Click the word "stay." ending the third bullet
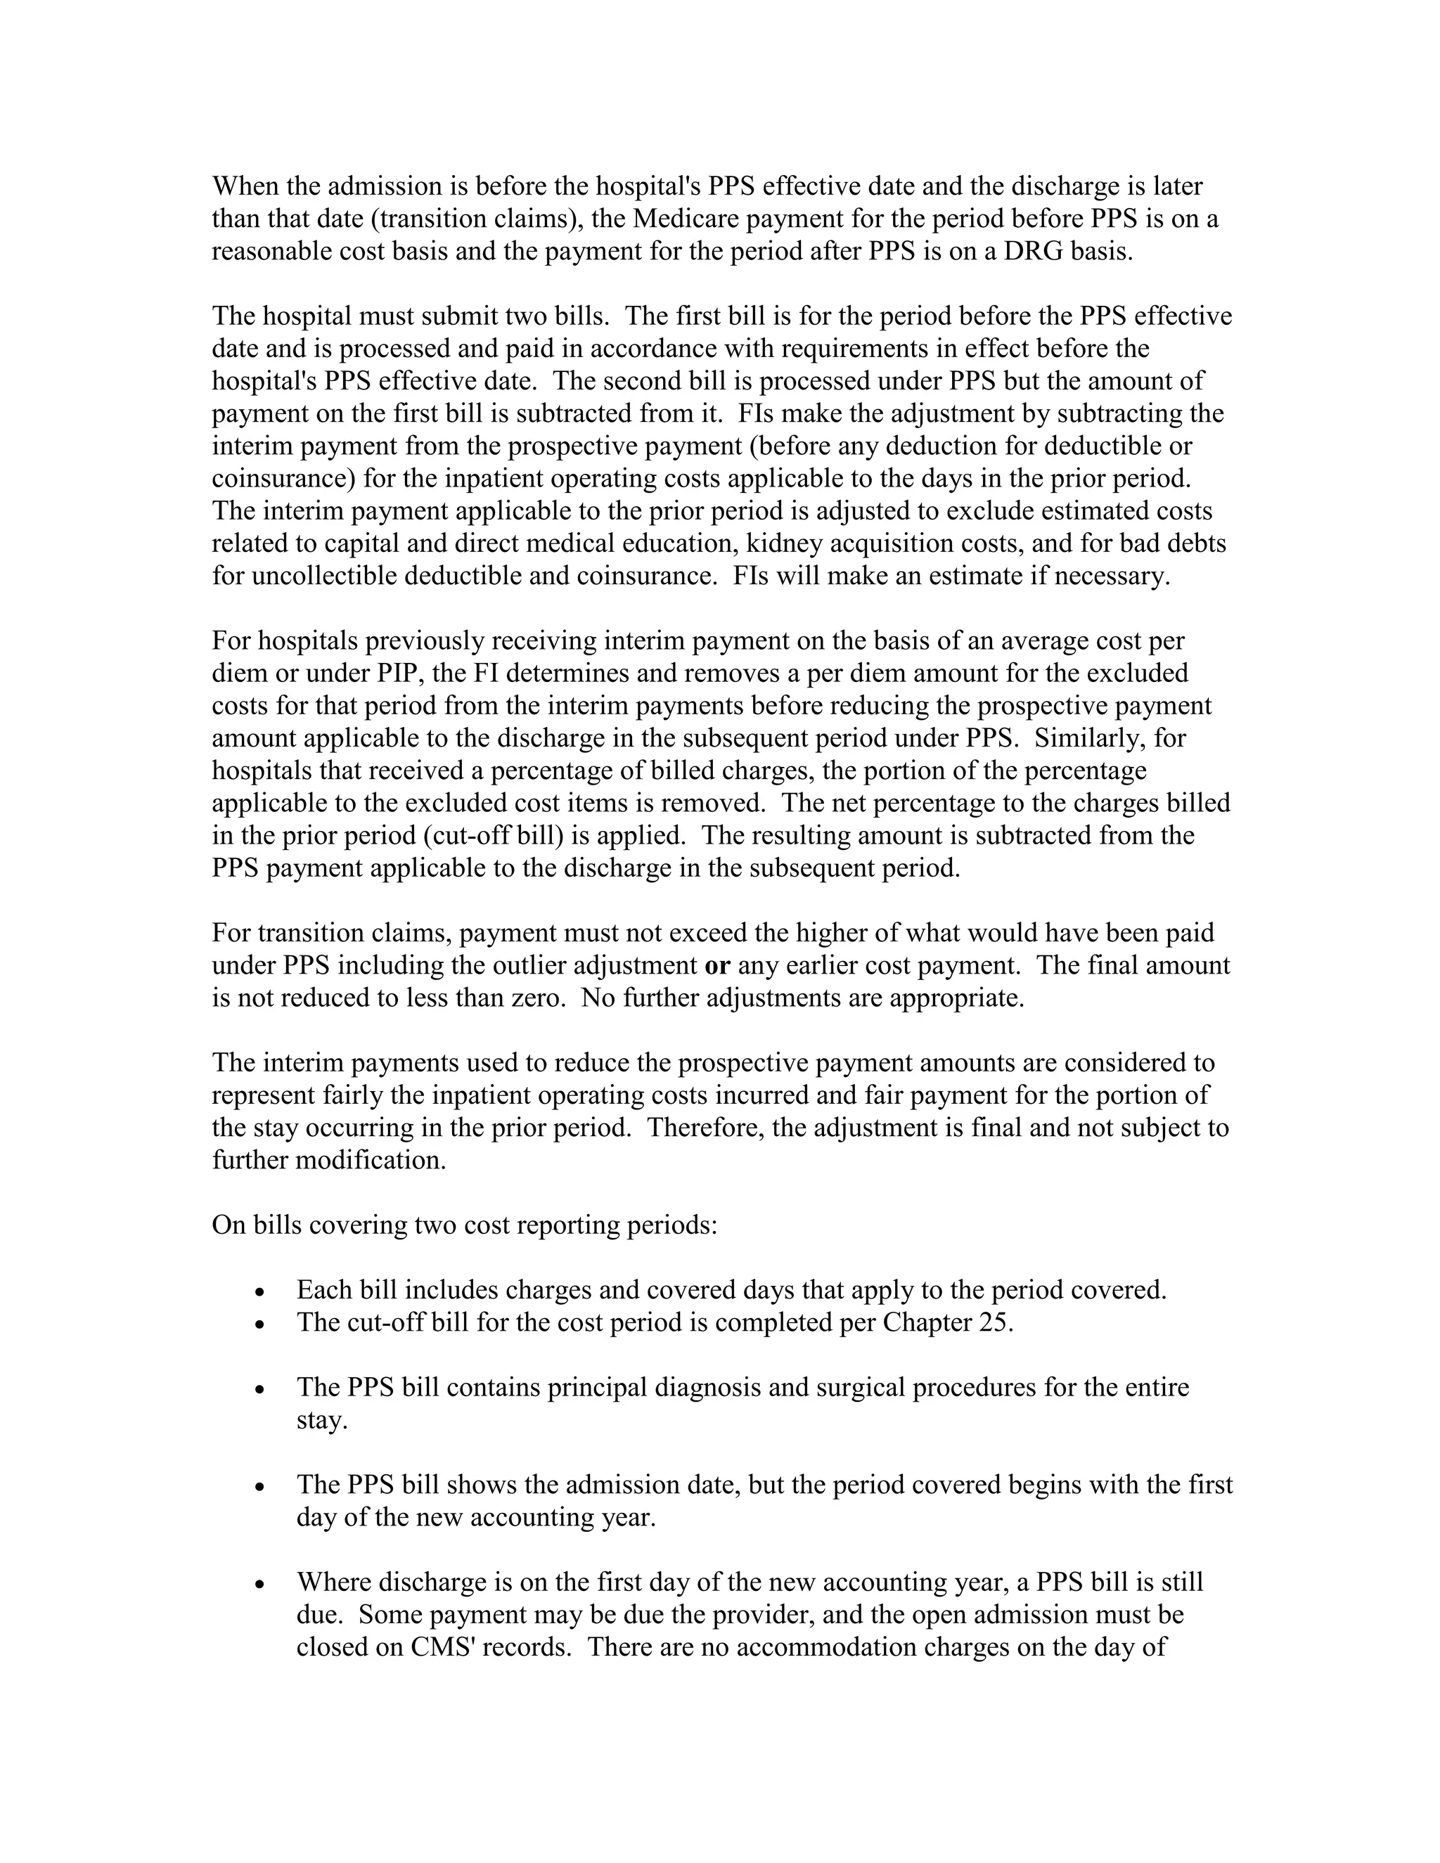click(321, 1420)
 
